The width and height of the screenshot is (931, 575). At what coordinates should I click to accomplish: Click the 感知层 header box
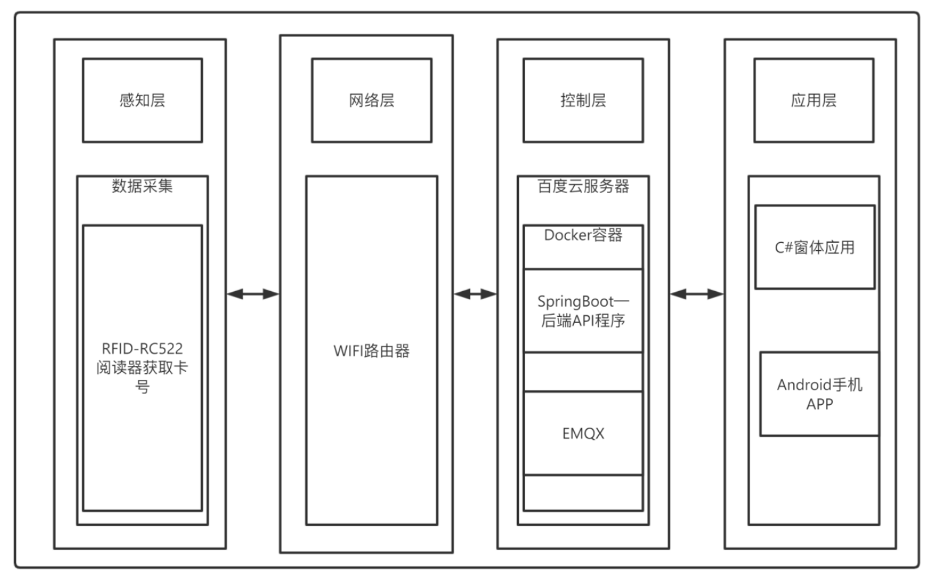point(142,100)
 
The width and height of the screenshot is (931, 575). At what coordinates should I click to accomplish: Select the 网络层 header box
point(371,100)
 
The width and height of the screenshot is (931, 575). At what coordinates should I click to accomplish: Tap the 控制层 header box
point(583,100)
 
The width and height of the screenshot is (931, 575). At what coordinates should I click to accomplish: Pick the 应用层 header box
point(813,100)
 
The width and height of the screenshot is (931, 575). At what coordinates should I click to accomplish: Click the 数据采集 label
point(142,186)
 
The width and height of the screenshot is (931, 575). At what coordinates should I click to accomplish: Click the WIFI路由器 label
point(371,351)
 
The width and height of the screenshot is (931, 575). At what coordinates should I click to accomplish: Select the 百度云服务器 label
point(583,186)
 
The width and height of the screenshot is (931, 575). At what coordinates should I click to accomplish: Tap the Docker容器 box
point(583,246)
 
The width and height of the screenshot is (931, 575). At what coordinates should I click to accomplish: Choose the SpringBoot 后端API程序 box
point(583,310)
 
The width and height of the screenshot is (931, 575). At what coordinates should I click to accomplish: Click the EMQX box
point(583,433)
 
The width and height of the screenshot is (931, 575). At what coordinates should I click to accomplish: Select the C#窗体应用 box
point(814,247)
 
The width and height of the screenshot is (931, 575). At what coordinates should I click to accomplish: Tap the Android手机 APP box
point(819,393)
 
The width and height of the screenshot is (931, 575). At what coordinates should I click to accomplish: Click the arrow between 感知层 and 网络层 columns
point(253,294)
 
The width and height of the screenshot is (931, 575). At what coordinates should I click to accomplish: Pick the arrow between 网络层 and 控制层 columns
point(475,294)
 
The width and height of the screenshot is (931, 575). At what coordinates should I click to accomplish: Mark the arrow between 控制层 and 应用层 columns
point(697,294)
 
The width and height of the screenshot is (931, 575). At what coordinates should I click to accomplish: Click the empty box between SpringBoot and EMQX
point(583,372)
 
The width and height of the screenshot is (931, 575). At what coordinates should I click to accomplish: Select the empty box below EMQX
point(583,492)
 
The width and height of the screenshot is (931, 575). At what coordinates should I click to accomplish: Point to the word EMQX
point(583,433)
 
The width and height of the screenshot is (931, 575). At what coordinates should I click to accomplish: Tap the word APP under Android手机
point(819,403)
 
